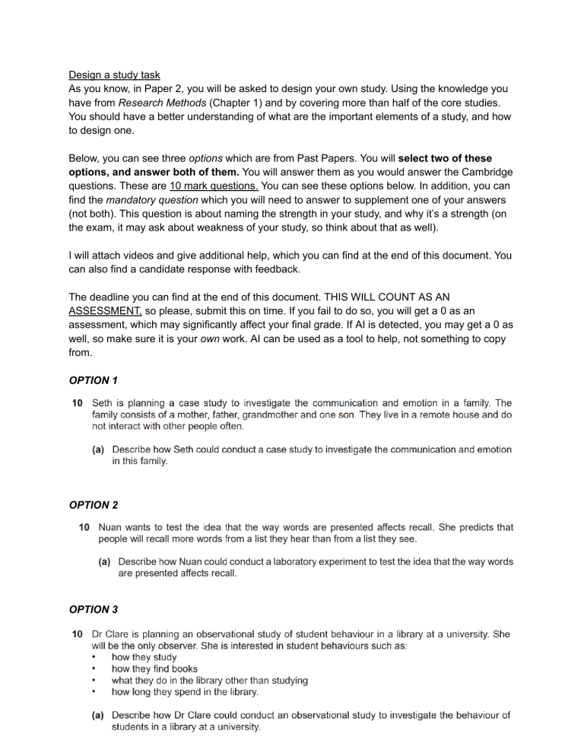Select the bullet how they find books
(x=154, y=669)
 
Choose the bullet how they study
(x=144, y=656)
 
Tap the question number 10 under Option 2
(x=85, y=526)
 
